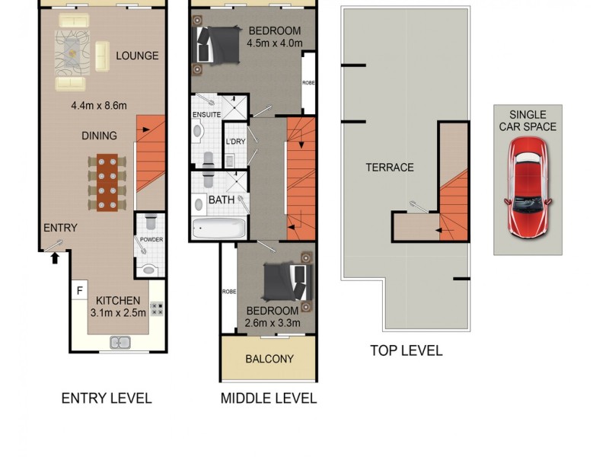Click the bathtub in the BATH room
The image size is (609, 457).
click(x=219, y=228)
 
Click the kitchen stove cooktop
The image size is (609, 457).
click(x=158, y=309)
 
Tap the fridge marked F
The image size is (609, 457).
click(x=78, y=290)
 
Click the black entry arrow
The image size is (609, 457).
click(x=54, y=259)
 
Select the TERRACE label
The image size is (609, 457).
click(x=389, y=168)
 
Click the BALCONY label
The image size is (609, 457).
click(x=269, y=360)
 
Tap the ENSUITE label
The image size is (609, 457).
click(x=206, y=115)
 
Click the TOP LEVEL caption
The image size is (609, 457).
click(x=406, y=350)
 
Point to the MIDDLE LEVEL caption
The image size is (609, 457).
click(x=268, y=398)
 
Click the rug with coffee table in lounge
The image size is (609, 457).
click(x=72, y=52)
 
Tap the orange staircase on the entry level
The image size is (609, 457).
click(x=151, y=161)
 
